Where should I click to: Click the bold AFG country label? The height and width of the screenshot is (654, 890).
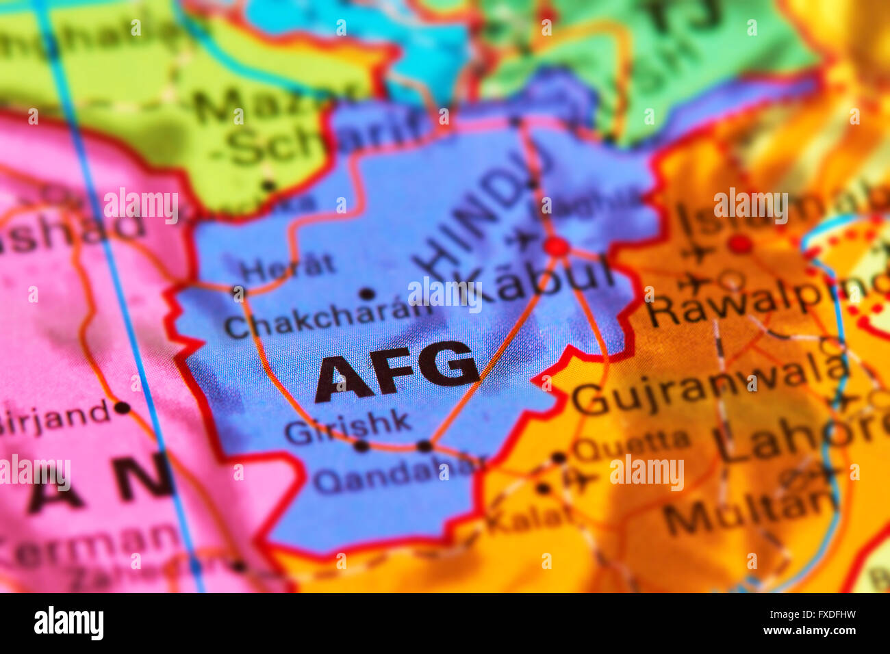pos(396,371)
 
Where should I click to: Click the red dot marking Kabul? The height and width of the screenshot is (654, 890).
pos(557,246)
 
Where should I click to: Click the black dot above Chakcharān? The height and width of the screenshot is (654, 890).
pos(368,294)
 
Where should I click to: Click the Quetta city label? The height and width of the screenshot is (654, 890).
pos(631,445)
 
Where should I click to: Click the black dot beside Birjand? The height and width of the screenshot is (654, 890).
pos(122,408)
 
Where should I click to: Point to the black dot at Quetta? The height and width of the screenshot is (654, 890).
pos(559,458)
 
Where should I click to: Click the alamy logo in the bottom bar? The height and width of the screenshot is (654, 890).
pos(68,623)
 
